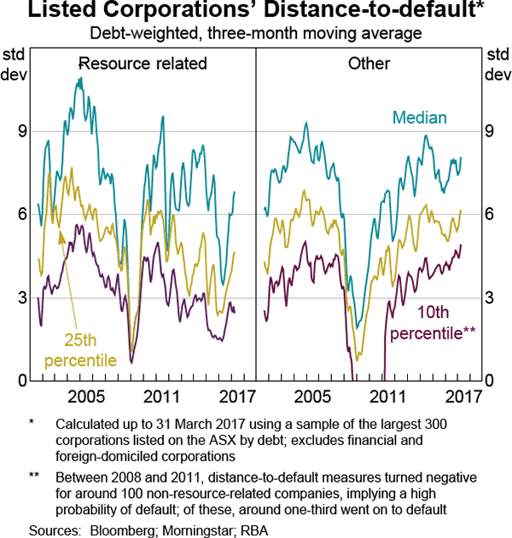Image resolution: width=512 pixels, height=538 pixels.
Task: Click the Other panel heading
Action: [x=369, y=63]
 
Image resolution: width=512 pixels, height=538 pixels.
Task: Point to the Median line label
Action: [x=420, y=118]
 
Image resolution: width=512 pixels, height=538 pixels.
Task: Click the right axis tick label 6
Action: [x=491, y=215]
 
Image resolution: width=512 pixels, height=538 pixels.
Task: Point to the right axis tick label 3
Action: [x=491, y=298]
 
